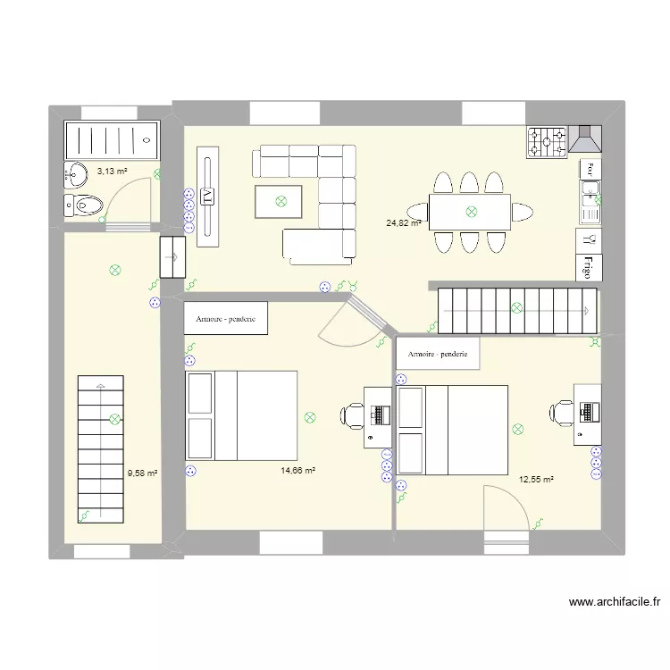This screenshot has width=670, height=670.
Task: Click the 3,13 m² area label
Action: (112, 171)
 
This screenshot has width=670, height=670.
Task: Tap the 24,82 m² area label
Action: (403, 223)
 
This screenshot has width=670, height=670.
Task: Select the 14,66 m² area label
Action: (297, 471)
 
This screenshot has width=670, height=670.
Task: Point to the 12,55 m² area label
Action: (536, 480)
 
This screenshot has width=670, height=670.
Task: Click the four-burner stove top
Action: (547, 141)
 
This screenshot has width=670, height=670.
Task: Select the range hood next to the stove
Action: (586, 140)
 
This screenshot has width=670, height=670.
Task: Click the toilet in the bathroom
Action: (83, 205)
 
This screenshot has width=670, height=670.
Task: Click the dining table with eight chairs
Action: (470, 212)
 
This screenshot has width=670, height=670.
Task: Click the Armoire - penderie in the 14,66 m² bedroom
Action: (226, 319)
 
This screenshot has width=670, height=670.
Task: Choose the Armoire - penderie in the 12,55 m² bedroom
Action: (438, 354)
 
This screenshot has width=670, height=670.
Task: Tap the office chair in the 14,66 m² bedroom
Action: (352, 415)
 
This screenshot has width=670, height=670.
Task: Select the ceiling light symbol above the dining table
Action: (470, 212)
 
